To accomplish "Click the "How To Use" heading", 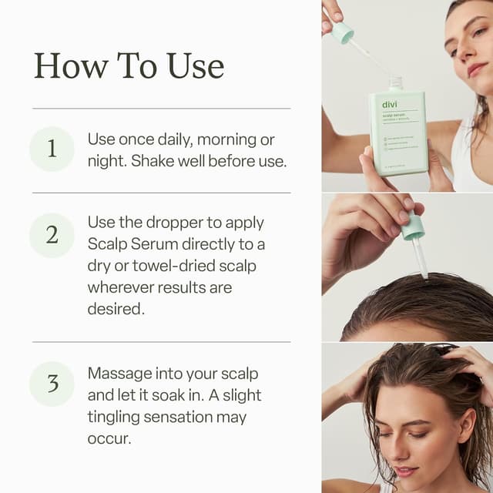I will point(129,66).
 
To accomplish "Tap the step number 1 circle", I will point(52,149).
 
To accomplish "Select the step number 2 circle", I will point(52,235).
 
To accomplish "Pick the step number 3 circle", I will point(52,383).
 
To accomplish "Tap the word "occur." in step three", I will point(109,438).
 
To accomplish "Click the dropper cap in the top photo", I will point(342,32).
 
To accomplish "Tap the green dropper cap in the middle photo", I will point(413,226).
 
